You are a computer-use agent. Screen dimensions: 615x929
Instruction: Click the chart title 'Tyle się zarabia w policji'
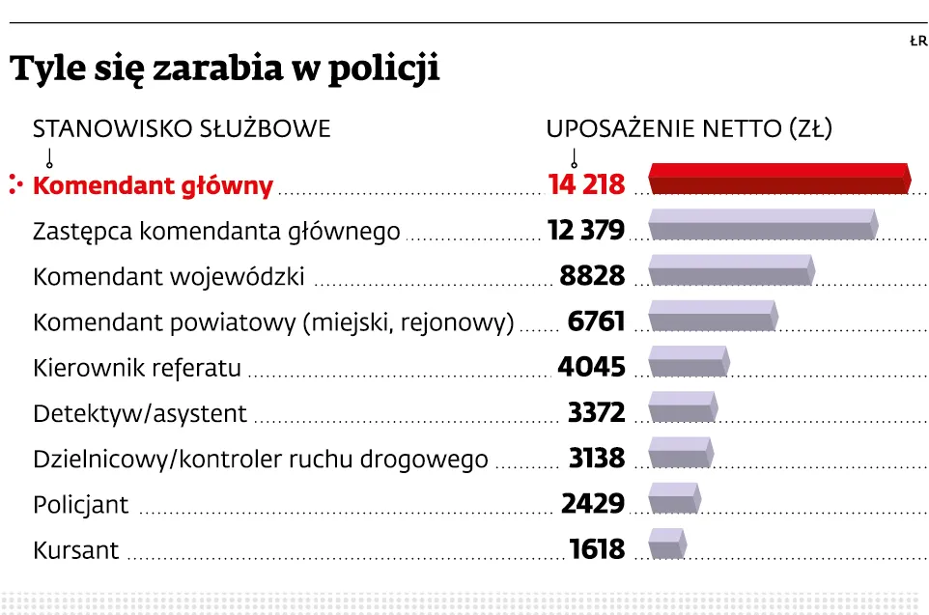(x=224, y=70)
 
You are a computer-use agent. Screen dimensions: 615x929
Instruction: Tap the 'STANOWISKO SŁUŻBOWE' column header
(x=182, y=128)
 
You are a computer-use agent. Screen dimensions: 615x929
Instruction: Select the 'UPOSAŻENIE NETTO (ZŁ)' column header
(x=689, y=128)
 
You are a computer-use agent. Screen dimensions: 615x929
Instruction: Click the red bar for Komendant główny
(x=778, y=179)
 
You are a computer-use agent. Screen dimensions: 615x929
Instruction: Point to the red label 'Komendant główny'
(x=153, y=185)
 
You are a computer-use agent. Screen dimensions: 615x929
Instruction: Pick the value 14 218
(x=586, y=185)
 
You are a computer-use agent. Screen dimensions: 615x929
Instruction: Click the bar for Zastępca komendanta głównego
(x=762, y=224)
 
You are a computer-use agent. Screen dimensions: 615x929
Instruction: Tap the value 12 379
(x=585, y=231)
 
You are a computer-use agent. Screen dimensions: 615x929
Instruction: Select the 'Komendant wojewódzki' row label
(x=169, y=277)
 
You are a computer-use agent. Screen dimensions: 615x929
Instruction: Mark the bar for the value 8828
(x=730, y=269)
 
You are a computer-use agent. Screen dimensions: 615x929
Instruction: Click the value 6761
(x=597, y=321)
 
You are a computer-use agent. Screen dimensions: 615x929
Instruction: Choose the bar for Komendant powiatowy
(x=712, y=315)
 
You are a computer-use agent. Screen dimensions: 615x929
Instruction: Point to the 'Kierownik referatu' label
(x=137, y=368)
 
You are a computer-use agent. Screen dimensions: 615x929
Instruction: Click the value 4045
(x=591, y=368)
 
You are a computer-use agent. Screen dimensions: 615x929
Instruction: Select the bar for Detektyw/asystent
(x=682, y=406)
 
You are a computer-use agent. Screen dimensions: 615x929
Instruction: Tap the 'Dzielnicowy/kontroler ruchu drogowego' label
(x=261, y=459)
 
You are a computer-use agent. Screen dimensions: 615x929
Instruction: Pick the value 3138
(x=597, y=458)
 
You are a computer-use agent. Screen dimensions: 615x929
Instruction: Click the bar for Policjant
(x=674, y=497)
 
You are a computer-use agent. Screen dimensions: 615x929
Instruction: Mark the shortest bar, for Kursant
(x=666, y=543)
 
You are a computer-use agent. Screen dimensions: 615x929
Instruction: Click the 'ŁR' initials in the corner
(x=917, y=41)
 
